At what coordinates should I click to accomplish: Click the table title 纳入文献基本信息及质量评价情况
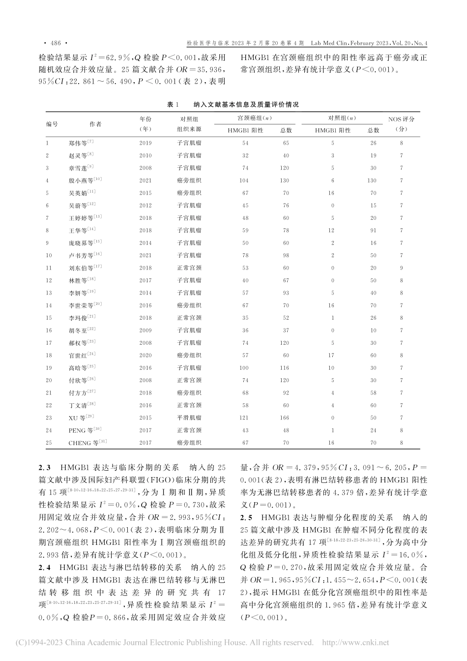point(246,105)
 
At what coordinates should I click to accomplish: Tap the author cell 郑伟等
point(81,143)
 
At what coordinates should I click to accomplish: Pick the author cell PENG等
point(82,430)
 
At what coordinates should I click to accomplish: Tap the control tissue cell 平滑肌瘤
point(189,418)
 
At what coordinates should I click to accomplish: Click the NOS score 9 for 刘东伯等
point(401,268)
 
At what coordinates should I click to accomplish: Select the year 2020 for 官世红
point(146,355)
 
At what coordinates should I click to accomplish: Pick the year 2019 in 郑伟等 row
point(146,143)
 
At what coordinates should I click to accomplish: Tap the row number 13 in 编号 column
point(48,293)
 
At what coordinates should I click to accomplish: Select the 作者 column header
point(95,124)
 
